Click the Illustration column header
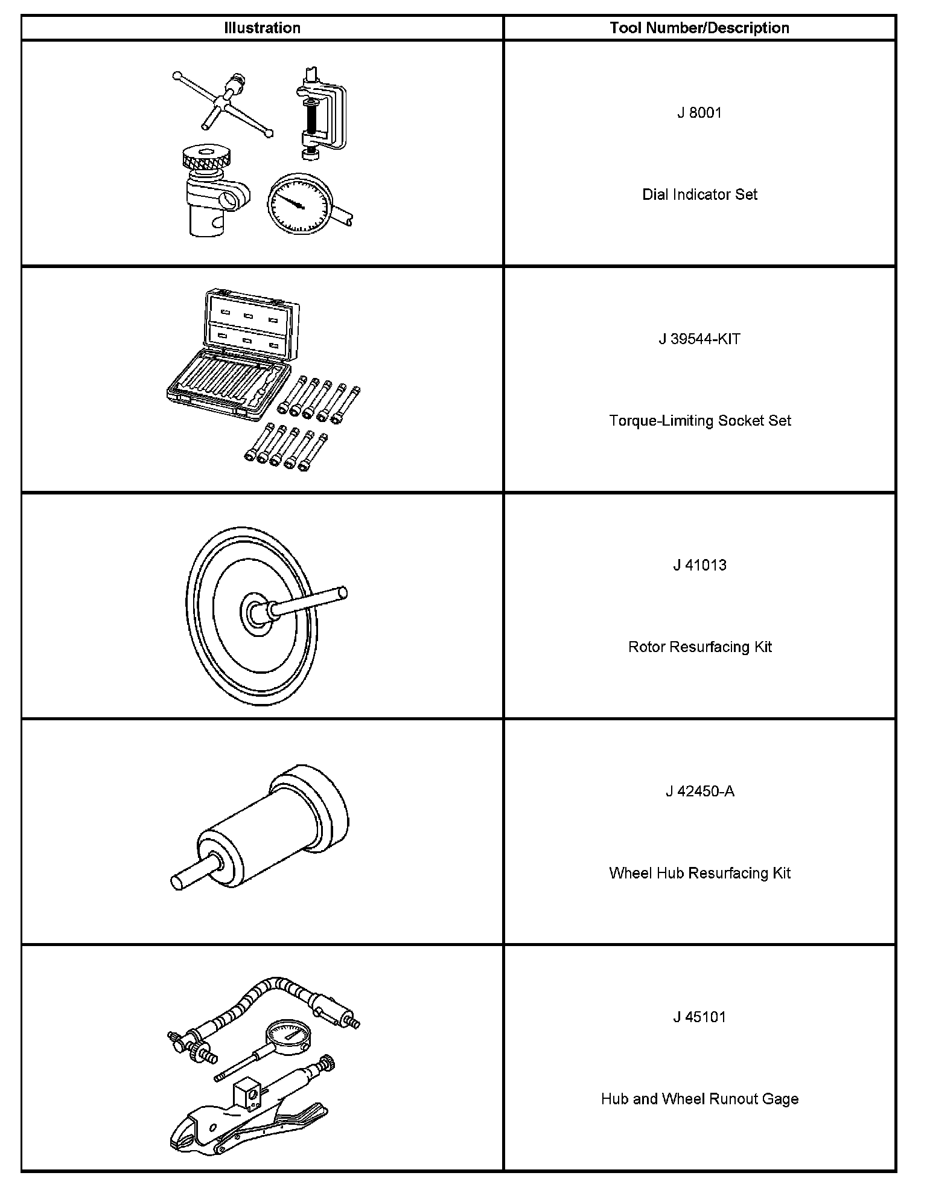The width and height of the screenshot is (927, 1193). [x=262, y=28]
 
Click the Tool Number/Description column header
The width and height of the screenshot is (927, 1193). [x=699, y=28]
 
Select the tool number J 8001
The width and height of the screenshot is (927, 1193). [x=699, y=113]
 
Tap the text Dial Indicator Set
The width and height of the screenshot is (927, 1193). [x=699, y=194]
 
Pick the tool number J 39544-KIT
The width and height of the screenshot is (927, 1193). [x=699, y=339]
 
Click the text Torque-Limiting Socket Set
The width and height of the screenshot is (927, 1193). [x=699, y=421]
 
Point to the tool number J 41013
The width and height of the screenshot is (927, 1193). [x=699, y=565]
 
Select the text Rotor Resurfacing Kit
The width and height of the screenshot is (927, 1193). [x=699, y=647]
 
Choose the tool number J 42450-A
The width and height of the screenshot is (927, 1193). [x=699, y=791]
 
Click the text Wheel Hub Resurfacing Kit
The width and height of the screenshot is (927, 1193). [x=699, y=873]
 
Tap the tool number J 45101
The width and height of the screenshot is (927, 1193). [x=699, y=1017]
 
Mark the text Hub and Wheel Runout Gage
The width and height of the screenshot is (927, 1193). [x=699, y=1099]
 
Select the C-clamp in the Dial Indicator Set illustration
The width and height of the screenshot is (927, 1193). [x=320, y=115]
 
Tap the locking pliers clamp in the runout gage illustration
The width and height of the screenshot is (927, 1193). [x=241, y=1123]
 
